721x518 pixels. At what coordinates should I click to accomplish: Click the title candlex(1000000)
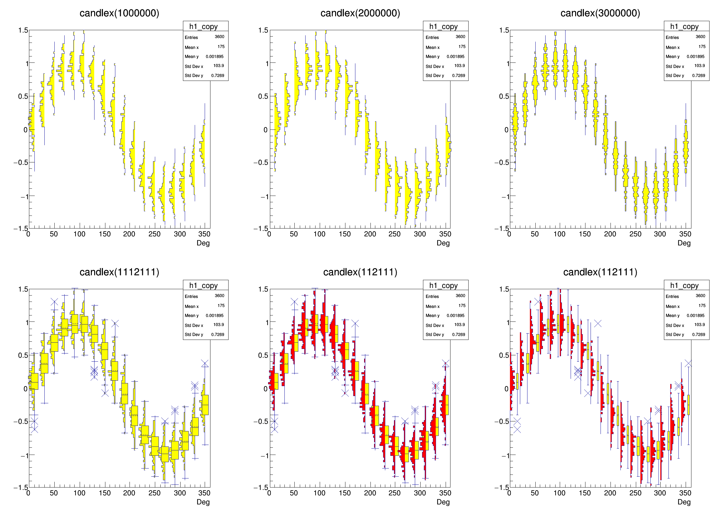coord(119,13)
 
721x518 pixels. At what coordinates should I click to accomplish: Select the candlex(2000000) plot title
coord(360,13)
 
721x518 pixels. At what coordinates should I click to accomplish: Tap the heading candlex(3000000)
coord(600,13)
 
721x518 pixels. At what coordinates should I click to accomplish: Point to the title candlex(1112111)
coord(119,272)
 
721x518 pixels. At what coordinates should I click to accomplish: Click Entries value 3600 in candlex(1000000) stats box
coord(220,37)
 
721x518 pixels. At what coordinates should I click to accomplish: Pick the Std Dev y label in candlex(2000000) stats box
coord(434,76)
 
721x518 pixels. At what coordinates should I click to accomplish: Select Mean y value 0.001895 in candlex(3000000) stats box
coord(696,56)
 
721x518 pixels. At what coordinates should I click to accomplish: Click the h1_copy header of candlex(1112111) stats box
coord(203,285)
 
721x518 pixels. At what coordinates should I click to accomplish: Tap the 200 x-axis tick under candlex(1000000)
coord(129,234)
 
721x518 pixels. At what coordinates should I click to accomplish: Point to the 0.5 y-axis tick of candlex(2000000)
coord(263,96)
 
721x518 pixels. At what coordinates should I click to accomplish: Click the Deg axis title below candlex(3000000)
coord(684,243)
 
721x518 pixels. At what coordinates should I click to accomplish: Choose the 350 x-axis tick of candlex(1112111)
coord(204,493)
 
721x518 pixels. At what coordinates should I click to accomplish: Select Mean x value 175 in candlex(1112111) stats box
coord(221,306)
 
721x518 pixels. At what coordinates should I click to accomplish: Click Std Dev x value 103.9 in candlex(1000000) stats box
coord(218,66)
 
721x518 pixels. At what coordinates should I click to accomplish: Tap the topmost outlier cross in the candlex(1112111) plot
coord(54,302)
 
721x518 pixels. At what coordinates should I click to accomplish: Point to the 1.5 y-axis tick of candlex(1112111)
coord(23,289)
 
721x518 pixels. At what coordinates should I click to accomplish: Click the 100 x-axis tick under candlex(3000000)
coord(559,234)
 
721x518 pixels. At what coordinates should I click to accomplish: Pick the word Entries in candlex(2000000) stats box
coord(432,37)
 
